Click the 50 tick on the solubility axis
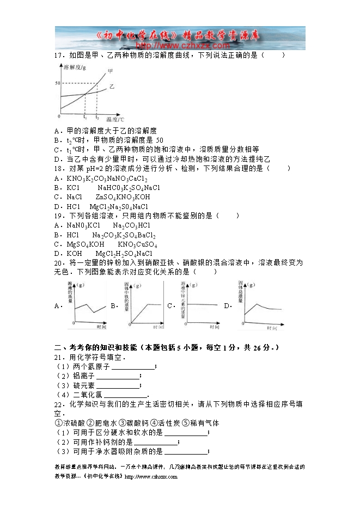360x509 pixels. tap(57, 83)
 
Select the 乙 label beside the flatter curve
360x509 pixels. tap(112, 87)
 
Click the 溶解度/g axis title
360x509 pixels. tap(74, 67)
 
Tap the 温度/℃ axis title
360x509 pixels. tap(115, 119)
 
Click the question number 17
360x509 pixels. tap(59, 55)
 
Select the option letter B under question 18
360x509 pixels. tap(57, 188)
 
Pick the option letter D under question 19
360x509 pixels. tap(57, 254)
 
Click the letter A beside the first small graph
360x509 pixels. tap(57, 306)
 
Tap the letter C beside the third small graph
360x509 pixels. tap(170, 306)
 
